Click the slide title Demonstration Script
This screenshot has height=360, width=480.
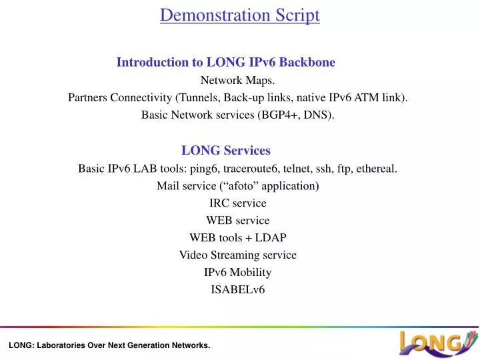point(239,15)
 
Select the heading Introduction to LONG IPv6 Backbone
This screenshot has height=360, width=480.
point(225,63)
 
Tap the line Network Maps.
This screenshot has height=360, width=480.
point(238,81)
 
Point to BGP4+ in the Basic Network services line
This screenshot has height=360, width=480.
point(279,115)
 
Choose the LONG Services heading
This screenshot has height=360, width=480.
point(225,151)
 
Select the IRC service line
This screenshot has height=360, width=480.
point(238,203)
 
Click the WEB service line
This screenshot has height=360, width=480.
point(238,221)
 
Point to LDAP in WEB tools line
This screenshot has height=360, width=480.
point(272,238)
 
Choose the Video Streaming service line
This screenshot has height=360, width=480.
point(238,255)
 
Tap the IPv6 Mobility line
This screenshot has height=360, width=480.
point(238,273)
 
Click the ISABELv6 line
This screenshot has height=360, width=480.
point(238,290)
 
